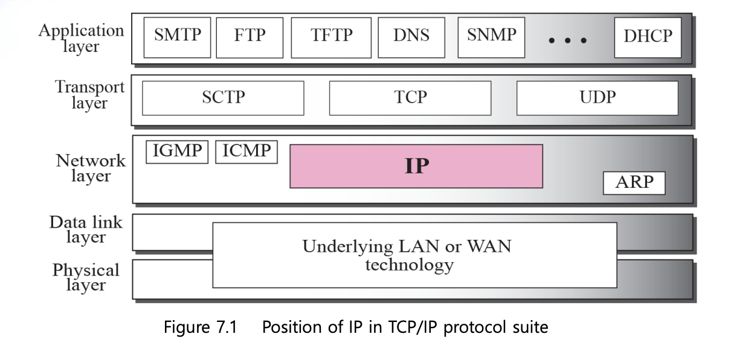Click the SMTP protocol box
(177, 36)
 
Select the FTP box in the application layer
(249, 36)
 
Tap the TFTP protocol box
(331, 36)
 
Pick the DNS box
(411, 36)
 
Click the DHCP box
(647, 37)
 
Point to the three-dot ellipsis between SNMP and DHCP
(567, 40)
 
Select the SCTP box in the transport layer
(223, 98)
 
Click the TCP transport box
(410, 98)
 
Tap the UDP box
(597, 98)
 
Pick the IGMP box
(177, 152)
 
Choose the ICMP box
(246, 152)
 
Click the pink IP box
(416, 166)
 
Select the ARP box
(634, 183)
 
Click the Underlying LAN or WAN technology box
(414, 255)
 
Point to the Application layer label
(81, 38)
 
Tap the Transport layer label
(89, 95)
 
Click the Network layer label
(91, 168)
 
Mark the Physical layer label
(86, 277)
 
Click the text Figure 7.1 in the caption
(201, 327)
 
